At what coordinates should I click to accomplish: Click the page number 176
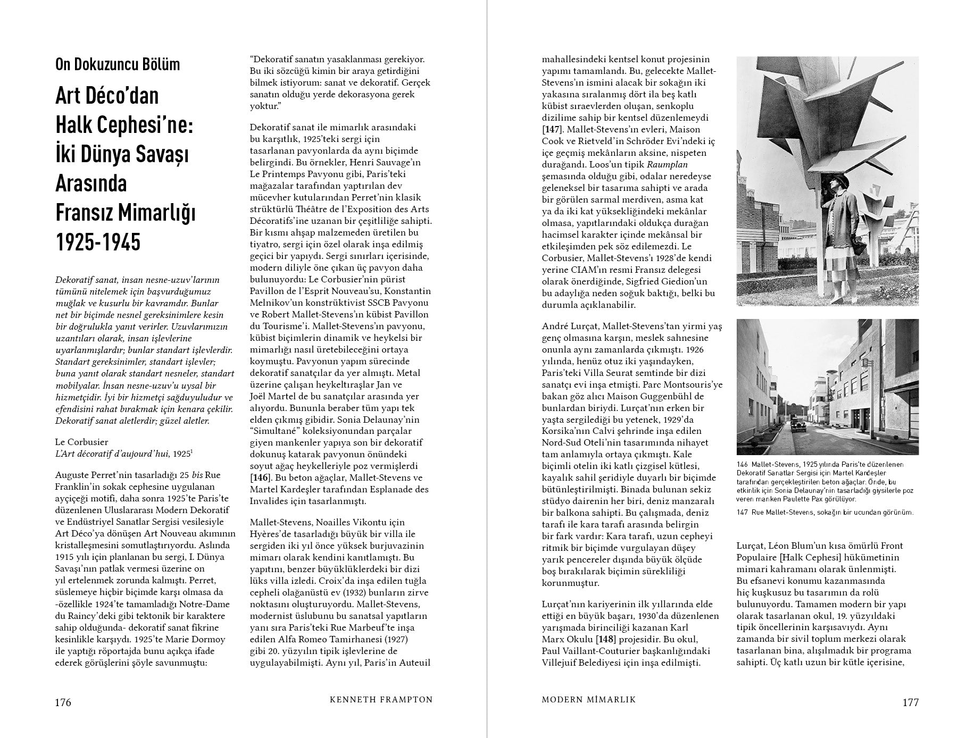point(63,702)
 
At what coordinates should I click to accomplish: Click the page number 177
point(910,702)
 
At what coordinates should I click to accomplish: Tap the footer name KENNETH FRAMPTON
point(381,700)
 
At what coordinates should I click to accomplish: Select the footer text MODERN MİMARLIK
point(588,700)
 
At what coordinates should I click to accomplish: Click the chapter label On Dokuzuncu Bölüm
point(118,64)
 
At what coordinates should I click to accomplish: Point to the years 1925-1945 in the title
point(98,242)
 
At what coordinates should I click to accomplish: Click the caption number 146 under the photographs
point(742,464)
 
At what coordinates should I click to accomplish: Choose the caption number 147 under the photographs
point(742,513)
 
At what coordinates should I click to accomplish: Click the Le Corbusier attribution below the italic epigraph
point(81,442)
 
